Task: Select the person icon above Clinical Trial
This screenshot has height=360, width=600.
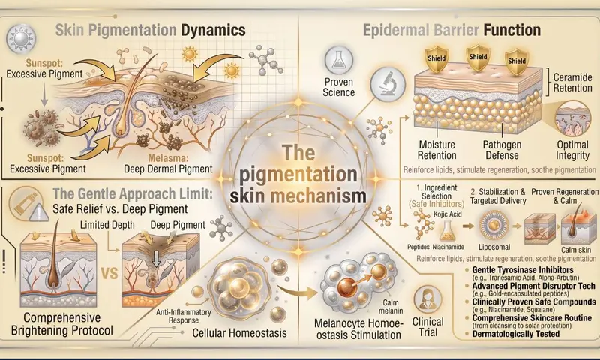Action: (x=427, y=299)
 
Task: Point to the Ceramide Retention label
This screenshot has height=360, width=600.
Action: (x=572, y=82)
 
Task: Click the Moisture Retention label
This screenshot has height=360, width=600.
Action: (x=436, y=150)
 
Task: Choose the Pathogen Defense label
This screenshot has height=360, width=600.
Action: (x=502, y=150)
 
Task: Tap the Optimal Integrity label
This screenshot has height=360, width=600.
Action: (x=572, y=150)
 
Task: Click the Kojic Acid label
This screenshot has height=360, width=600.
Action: (x=447, y=214)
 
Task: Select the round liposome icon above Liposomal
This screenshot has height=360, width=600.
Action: (x=494, y=226)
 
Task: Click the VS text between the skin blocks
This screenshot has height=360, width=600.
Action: (x=109, y=273)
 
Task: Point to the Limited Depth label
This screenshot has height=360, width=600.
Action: (x=107, y=225)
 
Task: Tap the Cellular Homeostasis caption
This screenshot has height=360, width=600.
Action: (x=239, y=332)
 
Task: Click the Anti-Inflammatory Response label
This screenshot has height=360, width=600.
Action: (x=183, y=316)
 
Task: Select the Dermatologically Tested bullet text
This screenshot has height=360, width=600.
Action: (x=516, y=334)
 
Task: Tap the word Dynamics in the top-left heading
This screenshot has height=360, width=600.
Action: (x=213, y=30)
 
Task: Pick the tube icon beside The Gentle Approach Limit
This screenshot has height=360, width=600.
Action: (x=24, y=203)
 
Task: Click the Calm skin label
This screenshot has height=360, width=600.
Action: (x=576, y=250)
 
